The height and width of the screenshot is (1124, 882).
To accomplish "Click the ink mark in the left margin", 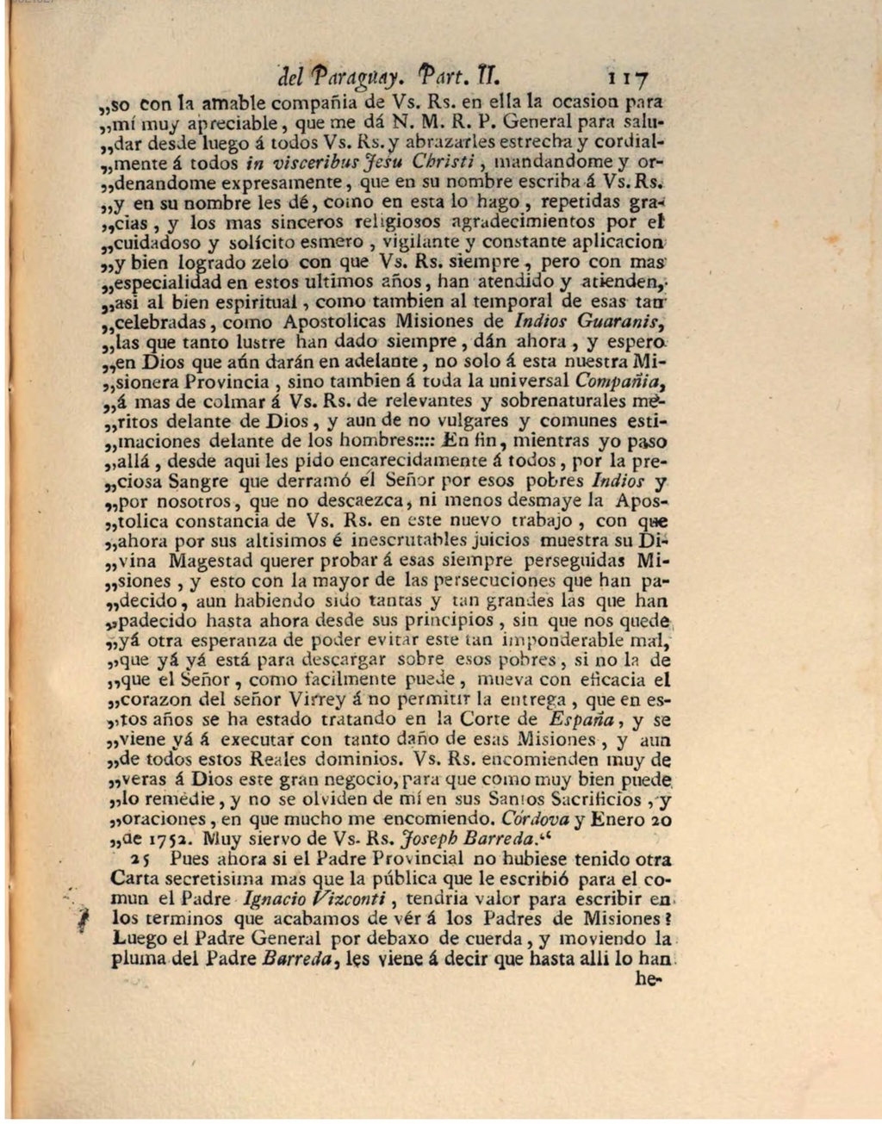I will (84, 918).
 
